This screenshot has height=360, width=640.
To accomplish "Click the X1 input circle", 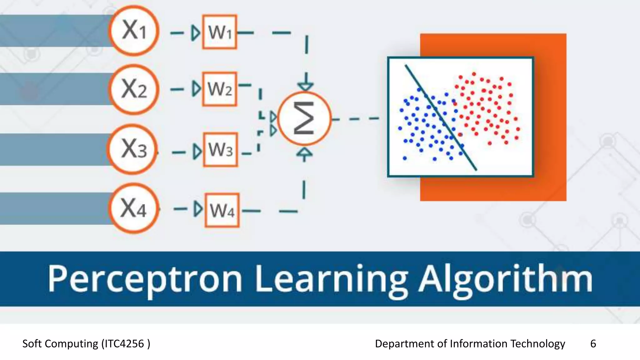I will (x=134, y=31).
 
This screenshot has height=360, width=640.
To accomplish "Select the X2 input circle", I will (x=134, y=89).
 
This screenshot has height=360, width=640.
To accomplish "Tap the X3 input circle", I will (x=133, y=149).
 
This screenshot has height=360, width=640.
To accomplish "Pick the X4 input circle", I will (x=134, y=208).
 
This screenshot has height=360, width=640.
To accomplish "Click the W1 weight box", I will (x=219, y=32).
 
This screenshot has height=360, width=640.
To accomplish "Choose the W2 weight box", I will (x=219, y=89).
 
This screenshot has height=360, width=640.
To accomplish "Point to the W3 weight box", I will (x=220, y=150).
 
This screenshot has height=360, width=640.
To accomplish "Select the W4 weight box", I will (x=222, y=210).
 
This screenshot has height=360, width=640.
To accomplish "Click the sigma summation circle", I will (x=304, y=118).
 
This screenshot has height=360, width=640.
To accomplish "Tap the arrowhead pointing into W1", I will (x=196, y=32).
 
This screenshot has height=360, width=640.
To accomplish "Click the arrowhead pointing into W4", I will (x=197, y=209).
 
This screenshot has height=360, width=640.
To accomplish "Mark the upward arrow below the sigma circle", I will (x=304, y=154).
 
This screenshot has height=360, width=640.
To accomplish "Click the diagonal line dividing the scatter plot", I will (x=441, y=117).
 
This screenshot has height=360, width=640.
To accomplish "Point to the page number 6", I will (x=593, y=344).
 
